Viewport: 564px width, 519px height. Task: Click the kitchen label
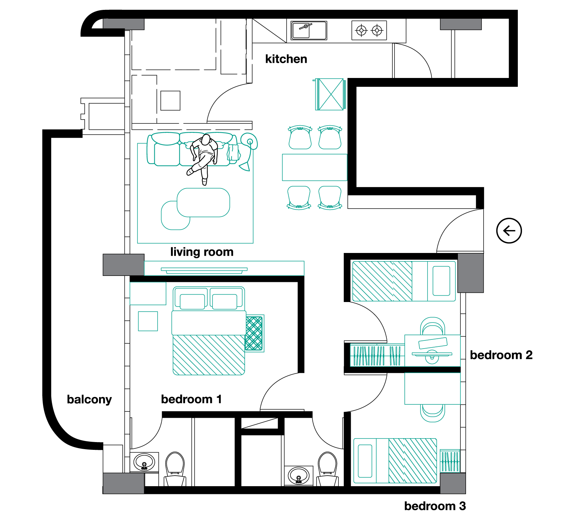[x=286, y=59]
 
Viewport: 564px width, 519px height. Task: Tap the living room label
[x=202, y=252]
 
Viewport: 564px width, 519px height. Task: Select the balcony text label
[x=89, y=399]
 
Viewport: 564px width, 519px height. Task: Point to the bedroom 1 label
[x=191, y=399]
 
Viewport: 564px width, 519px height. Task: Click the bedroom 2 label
[x=501, y=355]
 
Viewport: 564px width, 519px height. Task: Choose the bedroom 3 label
[x=435, y=506]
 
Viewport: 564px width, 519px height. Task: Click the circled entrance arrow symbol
[x=509, y=231]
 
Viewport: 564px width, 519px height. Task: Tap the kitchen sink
[x=309, y=30]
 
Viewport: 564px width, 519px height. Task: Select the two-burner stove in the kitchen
[x=369, y=30]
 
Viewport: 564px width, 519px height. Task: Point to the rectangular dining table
[x=314, y=167]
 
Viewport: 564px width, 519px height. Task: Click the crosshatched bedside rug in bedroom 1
[x=255, y=333]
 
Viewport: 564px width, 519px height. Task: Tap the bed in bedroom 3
[x=395, y=460]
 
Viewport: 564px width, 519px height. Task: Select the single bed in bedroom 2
[x=404, y=281]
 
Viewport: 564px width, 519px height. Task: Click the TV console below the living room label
[x=224, y=268]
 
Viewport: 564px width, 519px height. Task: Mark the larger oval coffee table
[x=203, y=203]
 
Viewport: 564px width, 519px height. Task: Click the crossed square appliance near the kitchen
[x=330, y=94]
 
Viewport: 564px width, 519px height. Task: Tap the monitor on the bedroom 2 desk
[x=432, y=354]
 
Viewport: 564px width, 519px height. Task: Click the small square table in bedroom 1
[x=148, y=321]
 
